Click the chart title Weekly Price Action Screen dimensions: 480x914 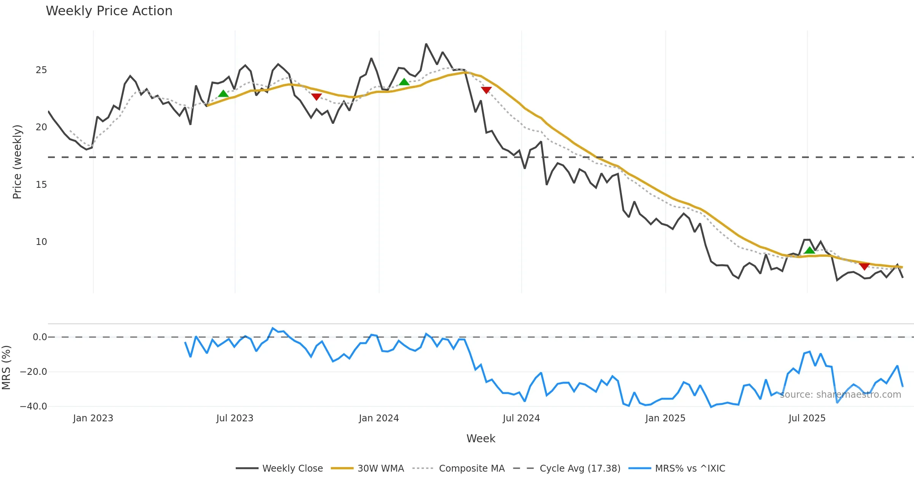[109, 11]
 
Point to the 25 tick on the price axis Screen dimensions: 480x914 [41, 70]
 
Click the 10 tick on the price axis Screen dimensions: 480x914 [41, 242]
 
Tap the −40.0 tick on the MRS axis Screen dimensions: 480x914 [34, 406]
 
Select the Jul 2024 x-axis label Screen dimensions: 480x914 [521, 418]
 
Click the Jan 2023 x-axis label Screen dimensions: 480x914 [93, 418]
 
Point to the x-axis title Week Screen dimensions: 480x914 [481, 439]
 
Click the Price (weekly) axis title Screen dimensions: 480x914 [17, 162]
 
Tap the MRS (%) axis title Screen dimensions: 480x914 [6, 368]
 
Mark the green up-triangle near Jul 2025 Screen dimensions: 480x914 [809, 250]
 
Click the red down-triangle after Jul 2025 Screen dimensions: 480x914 [864, 266]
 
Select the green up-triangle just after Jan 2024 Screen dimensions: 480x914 [404, 82]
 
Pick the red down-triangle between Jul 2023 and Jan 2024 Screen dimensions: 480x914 [316, 97]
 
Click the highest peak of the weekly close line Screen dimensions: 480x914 [426, 44]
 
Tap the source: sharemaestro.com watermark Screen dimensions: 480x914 [840, 395]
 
